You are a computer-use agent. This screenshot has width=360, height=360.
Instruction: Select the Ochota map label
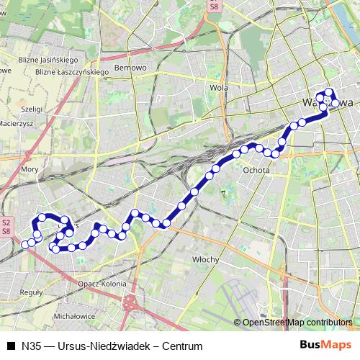[256, 171]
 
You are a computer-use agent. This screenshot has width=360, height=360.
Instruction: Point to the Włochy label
[205, 257]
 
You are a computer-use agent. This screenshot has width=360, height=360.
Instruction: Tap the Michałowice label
[75, 316]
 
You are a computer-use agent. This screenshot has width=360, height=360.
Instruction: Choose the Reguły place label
[33, 292]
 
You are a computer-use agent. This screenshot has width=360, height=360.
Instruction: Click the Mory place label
[30, 168]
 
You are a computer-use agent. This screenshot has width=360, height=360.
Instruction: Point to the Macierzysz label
[17, 123]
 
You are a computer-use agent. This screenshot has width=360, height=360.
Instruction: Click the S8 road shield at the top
[213, 6]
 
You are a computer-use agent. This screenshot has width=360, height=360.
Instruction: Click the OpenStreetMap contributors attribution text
[297, 323]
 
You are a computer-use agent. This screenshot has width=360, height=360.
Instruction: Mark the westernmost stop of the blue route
[25, 245]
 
